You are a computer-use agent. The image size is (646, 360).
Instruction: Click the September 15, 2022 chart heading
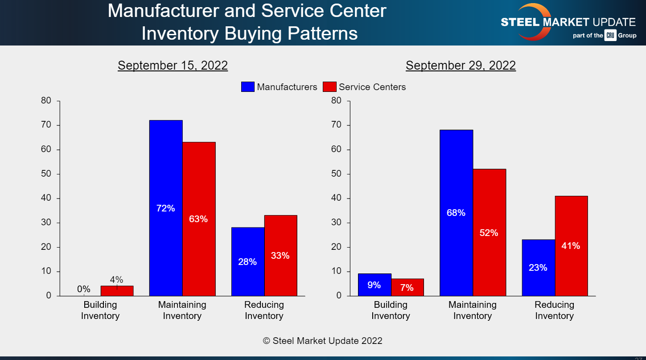tap(173, 66)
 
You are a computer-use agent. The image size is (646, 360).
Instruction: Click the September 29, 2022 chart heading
tap(461, 66)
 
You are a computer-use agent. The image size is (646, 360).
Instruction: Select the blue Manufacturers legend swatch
tap(247, 87)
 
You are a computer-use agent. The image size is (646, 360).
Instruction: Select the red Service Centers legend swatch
tap(329, 87)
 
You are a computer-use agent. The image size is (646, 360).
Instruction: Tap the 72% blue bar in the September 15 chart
tap(166, 208)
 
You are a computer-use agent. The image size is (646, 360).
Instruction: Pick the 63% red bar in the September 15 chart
tap(199, 219)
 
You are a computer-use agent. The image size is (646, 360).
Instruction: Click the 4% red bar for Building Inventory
tap(117, 291)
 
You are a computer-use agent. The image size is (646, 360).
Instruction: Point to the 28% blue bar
tap(247, 261)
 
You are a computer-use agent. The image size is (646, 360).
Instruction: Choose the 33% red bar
tap(280, 255)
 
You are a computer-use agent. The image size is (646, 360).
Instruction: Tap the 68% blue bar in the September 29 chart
tap(456, 213)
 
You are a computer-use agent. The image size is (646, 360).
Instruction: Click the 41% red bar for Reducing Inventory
tap(571, 245)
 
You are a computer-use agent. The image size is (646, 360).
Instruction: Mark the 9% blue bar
tap(374, 285)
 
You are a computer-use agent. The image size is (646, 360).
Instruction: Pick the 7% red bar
tap(407, 287)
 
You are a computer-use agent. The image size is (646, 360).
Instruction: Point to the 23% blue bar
tap(538, 268)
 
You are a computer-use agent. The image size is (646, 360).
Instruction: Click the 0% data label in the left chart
tap(83, 289)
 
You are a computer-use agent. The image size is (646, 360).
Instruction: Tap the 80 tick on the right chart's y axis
tap(336, 101)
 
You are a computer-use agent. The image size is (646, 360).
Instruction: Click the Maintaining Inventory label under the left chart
tap(182, 310)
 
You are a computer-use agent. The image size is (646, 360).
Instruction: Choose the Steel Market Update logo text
tap(568, 22)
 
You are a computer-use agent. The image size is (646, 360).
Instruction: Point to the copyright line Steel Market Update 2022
tap(322, 341)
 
